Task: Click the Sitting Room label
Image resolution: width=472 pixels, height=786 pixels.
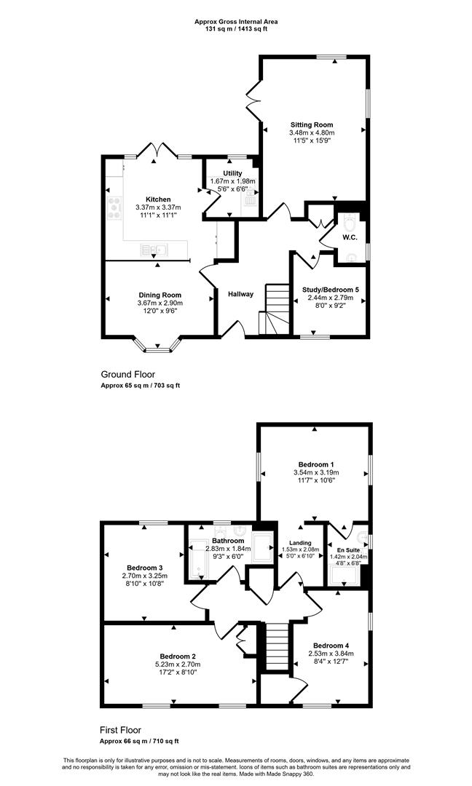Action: pyautogui.click(x=312, y=125)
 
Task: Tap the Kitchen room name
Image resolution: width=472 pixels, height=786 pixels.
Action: pyautogui.click(x=158, y=199)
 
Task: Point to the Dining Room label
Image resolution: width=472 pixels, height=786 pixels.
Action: pyautogui.click(x=160, y=295)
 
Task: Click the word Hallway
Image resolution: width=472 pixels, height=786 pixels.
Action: pyautogui.click(x=241, y=294)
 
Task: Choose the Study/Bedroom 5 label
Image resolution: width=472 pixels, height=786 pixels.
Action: pyautogui.click(x=331, y=290)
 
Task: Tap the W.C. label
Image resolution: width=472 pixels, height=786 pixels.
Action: pyautogui.click(x=350, y=237)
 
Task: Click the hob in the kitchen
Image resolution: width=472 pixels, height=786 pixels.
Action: pyautogui.click(x=114, y=207)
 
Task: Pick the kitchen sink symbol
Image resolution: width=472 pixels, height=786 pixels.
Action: pyautogui.click(x=154, y=249)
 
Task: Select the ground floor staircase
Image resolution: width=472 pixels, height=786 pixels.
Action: pyautogui.click(x=275, y=309)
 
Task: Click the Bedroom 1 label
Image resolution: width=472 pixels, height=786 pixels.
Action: pyautogui.click(x=316, y=464)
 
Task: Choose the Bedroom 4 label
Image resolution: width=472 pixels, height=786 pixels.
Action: pyautogui.click(x=331, y=646)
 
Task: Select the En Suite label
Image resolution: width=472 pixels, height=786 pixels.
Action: pyautogui.click(x=348, y=550)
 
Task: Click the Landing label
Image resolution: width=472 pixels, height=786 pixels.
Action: pyautogui.click(x=300, y=543)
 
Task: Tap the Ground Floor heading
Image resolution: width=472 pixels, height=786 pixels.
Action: pyautogui.click(x=128, y=375)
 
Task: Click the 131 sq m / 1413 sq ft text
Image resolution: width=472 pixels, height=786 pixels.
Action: pyautogui.click(x=236, y=28)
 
